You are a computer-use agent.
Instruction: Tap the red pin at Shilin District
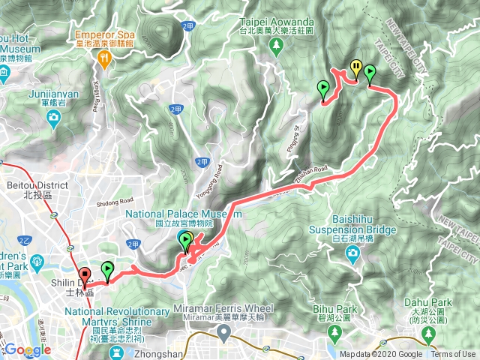pos(85,275)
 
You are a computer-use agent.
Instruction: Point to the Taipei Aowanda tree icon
pos(277,45)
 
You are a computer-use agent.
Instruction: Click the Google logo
pos(27,350)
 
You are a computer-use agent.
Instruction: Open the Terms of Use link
pos(453,355)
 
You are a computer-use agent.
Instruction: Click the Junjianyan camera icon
pos(54,118)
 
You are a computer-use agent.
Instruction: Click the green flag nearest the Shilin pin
pos(107,269)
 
